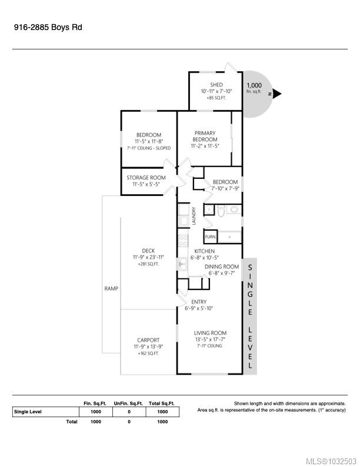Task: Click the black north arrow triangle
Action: coord(276,94)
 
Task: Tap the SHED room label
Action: coord(216,85)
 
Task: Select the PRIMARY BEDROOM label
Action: coord(205,136)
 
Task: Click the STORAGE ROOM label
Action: coord(146,178)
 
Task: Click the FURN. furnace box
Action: coord(211,237)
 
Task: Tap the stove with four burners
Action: coord(184,241)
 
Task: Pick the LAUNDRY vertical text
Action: coord(194,216)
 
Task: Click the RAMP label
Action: coord(111,288)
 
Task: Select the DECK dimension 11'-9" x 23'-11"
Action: coord(148,257)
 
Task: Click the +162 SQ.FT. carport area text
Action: coord(148,354)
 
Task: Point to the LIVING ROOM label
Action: coord(211,333)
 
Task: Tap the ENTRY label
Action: coord(199,302)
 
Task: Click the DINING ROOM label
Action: coord(222,267)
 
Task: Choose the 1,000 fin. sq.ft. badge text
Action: coord(254,88)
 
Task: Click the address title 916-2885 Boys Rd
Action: coord(48,27)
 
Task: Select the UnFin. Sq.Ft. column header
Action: coord(128,403)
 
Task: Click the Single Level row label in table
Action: coord(28,412)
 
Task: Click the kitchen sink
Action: coord(183,264)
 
